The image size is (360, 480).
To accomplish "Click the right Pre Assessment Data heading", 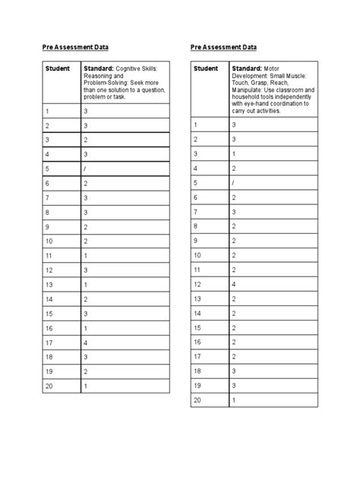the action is (x=224, y=47).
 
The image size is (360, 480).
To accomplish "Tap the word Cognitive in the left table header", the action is (x=129, y=68).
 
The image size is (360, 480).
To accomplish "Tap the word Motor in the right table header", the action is (x=270, y=68).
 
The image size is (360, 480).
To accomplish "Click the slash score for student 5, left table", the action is (x=86, y=168).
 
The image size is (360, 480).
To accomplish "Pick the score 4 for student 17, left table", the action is (x=86, y=342).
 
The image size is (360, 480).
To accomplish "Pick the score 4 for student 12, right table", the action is (x=234, y=284).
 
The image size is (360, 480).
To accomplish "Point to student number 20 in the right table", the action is (x=197, y=399).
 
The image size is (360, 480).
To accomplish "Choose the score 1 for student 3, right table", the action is (x=234, y=154).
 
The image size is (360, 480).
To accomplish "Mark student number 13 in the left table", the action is (x=48, y=284).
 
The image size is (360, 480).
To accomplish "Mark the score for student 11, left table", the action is (x=86, y=255).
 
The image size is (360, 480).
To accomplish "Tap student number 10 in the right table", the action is (x=197, y=255).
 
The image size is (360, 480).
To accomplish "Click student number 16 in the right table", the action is (x=197, y=342).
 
